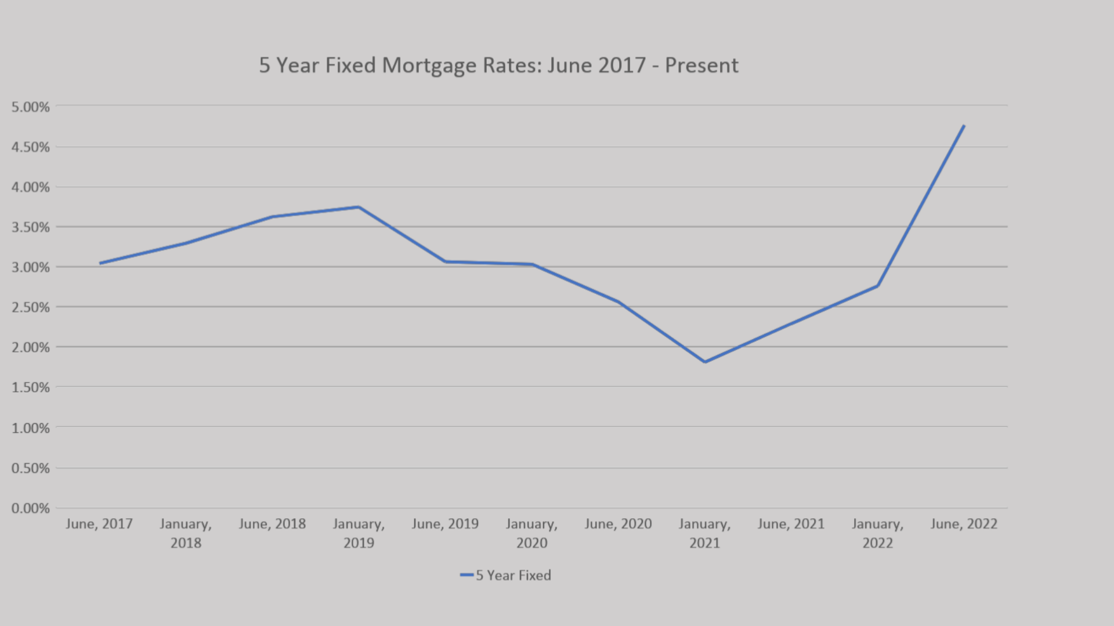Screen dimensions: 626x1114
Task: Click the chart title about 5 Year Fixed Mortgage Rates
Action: (x=498, y=65)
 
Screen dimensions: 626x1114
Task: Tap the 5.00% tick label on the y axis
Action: (x=31, y=107)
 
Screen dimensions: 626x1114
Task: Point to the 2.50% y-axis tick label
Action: (x=31, y=307)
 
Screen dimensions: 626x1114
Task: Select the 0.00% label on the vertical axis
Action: (x=31, y=508)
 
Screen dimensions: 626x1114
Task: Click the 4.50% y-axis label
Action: (x=31, y=147)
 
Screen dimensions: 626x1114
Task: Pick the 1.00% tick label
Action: (x=31, y=428)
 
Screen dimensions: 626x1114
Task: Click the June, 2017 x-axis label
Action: (x=99, y=524)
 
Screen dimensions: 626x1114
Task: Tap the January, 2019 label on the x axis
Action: (x=359, y=533)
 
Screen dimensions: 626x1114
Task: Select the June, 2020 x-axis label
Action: (x=618, y=524)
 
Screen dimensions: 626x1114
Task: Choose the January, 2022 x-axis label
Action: (x=877, y=533)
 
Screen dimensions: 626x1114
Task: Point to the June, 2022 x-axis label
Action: (x=964, y=524)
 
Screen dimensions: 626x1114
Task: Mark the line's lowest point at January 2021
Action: (x=704, y=362)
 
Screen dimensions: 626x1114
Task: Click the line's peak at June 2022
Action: (x=963, y=126)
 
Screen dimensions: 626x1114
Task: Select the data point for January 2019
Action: (x=359, y=207)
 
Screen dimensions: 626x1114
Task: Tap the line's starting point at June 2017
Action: (x=100, y=263)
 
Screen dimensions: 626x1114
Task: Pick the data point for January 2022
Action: (x=877, y=286)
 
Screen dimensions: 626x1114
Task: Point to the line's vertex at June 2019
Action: (x=445, y=262)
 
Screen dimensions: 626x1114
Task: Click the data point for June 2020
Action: (x=618, y=301)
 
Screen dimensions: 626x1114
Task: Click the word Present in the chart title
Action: (x=701, y=65)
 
